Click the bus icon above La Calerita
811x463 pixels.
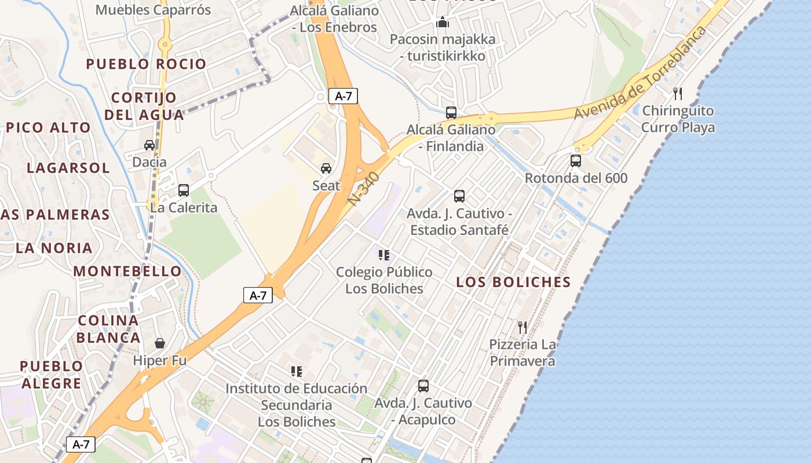(184, 190)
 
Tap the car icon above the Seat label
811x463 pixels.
(326, 168)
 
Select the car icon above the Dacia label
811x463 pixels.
(149, 145)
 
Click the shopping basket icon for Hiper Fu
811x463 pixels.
(160, 343)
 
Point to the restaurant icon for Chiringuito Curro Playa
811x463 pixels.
(678, 93)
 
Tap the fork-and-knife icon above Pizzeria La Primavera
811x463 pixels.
(523, 328)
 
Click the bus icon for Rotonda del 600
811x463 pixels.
(576, 161)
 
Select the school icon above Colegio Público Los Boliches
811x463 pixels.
(383, 255)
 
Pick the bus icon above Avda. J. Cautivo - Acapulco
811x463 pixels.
(423, 385)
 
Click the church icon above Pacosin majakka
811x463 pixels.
(443, 23)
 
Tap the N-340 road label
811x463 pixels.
(364, 189)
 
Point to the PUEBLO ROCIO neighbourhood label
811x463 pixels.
(146, 64)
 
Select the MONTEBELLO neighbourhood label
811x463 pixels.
(127, 271)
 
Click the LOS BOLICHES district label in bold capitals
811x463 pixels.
(513, 282)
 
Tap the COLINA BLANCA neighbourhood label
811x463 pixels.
(108, 329)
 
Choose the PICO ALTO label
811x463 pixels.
(49, 127)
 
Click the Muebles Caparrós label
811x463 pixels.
(153, 10)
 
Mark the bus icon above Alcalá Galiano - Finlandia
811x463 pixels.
(451, 113)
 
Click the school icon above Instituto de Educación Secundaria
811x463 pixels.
(297, 372)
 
